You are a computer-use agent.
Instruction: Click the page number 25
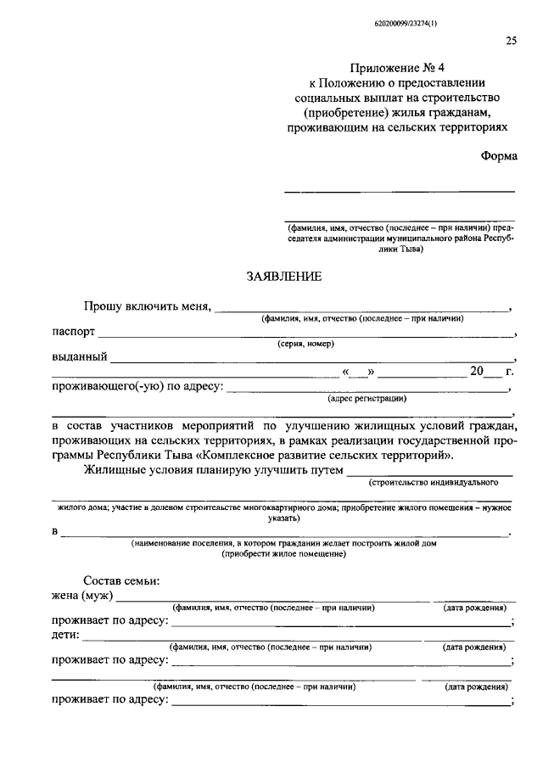coord(511,40)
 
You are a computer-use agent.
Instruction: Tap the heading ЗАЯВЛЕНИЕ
coord(283,277)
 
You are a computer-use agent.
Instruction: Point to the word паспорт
coord(73,332)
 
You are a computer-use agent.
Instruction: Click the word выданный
coord(79,356)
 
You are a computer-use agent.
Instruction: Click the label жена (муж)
coord(82,597)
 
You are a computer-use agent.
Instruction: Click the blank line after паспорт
coord(305,334)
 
